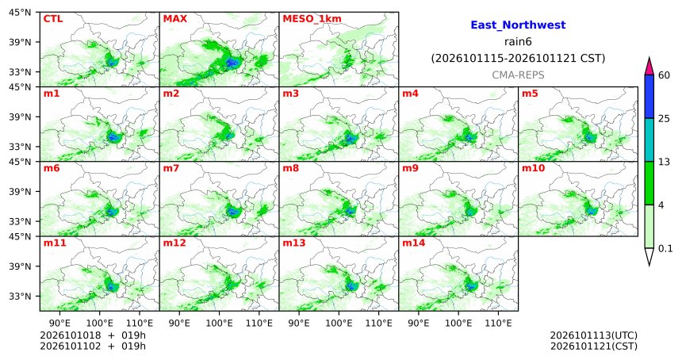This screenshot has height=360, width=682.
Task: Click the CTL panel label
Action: [53, 19]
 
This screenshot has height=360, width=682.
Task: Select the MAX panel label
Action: [174, 19]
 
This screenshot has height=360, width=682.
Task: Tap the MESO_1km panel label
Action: [312, 19]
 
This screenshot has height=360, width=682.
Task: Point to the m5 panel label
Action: [530, 94]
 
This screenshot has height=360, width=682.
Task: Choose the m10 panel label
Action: [533, 168]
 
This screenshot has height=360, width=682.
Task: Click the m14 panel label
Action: [413, 243]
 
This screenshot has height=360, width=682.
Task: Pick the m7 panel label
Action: [171, 168]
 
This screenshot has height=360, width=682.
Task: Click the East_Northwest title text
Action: [518, 25]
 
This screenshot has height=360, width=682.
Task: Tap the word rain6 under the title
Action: [518, 42]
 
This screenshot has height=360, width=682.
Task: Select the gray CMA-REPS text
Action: [518, 75]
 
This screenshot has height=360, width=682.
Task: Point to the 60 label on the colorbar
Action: [664, 75]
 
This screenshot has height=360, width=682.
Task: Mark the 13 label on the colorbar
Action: [664, 162]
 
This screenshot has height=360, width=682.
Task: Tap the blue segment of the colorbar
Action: [649, 97]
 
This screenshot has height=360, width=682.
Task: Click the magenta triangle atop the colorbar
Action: [649, 67]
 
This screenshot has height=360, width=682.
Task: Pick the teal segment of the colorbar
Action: [649, 140]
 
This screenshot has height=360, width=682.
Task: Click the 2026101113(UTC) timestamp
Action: [594, 335]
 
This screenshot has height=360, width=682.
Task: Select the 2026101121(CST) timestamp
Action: [594, 346]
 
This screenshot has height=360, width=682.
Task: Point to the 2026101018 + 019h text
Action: [93, 335]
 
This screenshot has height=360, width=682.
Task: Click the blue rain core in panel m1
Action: [113, 137]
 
